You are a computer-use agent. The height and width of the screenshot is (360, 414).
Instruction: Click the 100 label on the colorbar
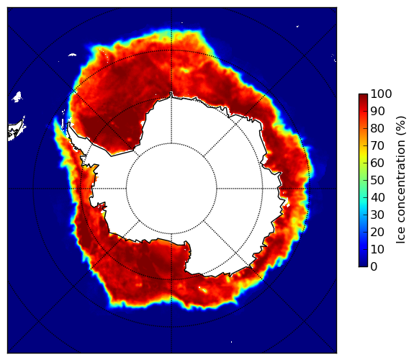(x=381, y=94)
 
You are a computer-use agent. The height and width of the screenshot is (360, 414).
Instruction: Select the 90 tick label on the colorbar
(x=377, y=111)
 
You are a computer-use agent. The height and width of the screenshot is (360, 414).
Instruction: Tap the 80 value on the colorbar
(x=377, y=128)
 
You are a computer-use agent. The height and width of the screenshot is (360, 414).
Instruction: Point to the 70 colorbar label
(x=377, y=145)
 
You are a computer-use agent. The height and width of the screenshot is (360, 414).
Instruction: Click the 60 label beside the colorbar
(x=377, y=163)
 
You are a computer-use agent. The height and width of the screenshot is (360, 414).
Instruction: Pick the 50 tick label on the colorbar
(x=377, y=181)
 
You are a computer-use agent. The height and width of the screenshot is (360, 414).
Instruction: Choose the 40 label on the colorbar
(x=377, y=197)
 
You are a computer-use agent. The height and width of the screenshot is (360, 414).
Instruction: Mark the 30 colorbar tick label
(x=377, y=215)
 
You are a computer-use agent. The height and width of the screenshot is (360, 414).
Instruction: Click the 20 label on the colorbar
(x=377, y=232)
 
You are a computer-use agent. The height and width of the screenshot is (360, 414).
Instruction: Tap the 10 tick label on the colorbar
(x=377, y=249)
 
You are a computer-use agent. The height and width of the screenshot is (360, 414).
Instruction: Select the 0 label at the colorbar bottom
(x=374, y=267)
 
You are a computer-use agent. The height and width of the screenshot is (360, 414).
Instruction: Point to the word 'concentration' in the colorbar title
(x=401, y=184)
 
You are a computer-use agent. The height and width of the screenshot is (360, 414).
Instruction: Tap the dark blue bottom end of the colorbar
(x=363, y=266)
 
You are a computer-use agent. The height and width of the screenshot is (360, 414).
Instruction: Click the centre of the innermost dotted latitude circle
(x=171, y=189)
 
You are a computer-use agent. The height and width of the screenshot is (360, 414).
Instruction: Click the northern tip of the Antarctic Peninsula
(x=69, y=122)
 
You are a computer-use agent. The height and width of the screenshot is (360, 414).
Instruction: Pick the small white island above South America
(x=17, y=96)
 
